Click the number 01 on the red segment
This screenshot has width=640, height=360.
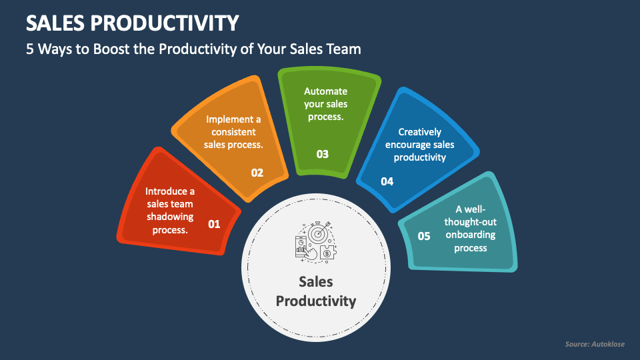[214, 224]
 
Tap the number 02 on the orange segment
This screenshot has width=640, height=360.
[257, 173]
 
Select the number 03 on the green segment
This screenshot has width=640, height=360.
[323, 154]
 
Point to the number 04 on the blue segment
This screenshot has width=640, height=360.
[387, 181]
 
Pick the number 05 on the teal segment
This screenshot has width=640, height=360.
[424, 235]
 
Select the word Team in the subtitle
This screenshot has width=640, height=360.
[344, 49]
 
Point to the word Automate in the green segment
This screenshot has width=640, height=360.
[325, 91]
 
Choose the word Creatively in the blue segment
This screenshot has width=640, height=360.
[419, 132]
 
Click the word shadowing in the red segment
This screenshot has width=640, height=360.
[170, 217]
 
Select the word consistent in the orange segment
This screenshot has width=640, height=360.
[233, 132]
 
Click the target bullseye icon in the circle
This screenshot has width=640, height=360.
[317, 233]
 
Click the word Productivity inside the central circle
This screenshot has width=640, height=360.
[316, 301]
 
